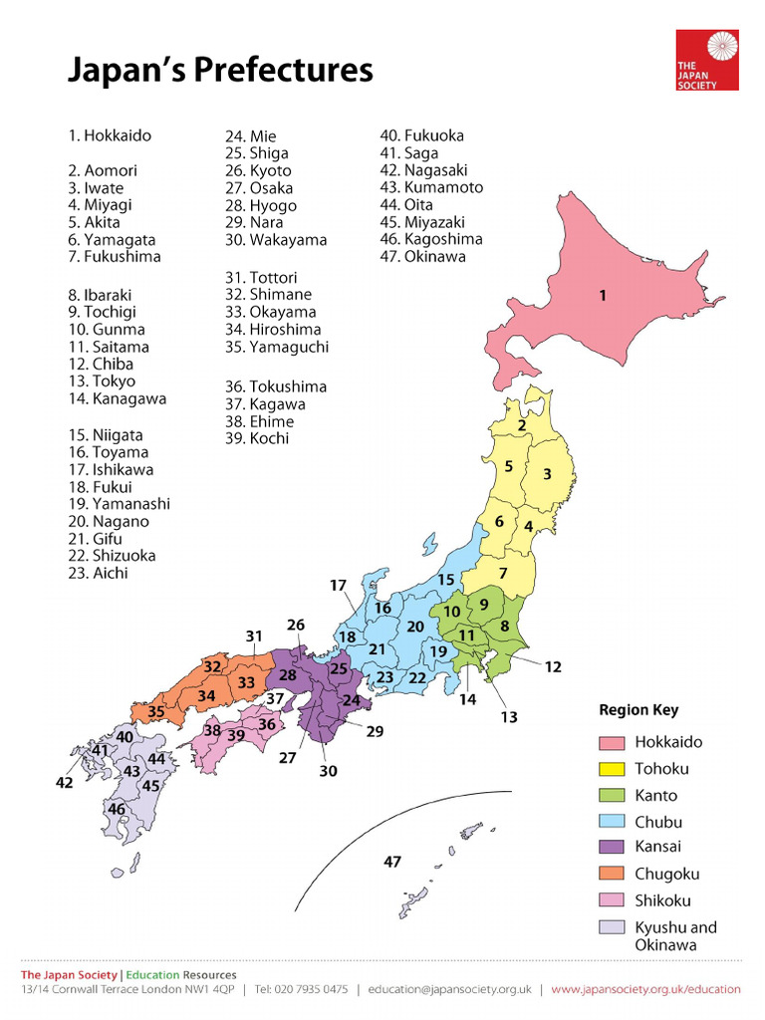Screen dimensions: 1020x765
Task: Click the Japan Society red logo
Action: [707, 60]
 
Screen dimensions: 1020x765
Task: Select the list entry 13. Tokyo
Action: [102, 382]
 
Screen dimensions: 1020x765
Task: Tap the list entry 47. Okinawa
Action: [422, 257]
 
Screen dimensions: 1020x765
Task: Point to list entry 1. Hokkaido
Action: [110, 135]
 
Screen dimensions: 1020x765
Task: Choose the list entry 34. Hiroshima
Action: [273, 329]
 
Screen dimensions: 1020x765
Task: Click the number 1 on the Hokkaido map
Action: [602, 295]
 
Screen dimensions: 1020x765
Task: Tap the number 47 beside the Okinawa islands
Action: [392, 862]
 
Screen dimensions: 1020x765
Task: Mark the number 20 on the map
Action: [415, 627]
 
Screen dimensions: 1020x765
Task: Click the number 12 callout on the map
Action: [553, 667]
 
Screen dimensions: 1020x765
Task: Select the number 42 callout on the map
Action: [64, 784]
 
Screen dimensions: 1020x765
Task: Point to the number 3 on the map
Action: [547, 474]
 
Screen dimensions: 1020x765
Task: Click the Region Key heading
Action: [638, 710]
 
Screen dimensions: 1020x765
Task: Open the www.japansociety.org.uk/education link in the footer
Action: [645, 989]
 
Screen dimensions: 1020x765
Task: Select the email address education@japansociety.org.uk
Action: [449, 989]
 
